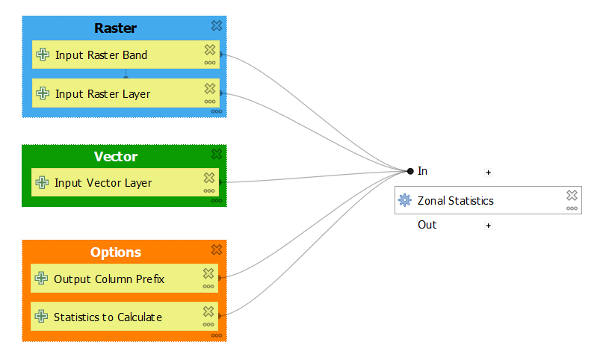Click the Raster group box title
pyautogui.click(x=115, y=28)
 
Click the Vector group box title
pyautogui.click(x=115, y=157)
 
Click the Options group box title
pyautogui.click(x=115, y=252)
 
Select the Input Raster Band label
pyautogui.click(x=101, y=55)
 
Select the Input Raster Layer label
pyautogui.click(x=102, y=94)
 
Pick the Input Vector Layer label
pyautogui.click(x=103, y=183)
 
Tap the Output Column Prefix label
pyautogui.click(x=109, y=279)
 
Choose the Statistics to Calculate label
pyautogui.click(x=108, y=317)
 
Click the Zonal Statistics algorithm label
pyautogui.click(x=455, y=200)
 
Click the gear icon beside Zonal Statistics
pyautogui.click(x=405, y=200)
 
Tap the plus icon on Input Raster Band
pyautogui.click(x=43, y=55)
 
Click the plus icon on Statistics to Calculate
pyautogui.click(x=42, y=317)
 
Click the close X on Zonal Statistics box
pyautogui.click(x=572, y=195)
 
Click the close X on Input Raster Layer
pyautogui.click(x=210, y=89)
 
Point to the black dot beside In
pyautogui.click(x=410, y=171)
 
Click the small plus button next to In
pyautogui.click(x=489, y=172)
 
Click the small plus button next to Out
pyautogui.click(x=489, y=226)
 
